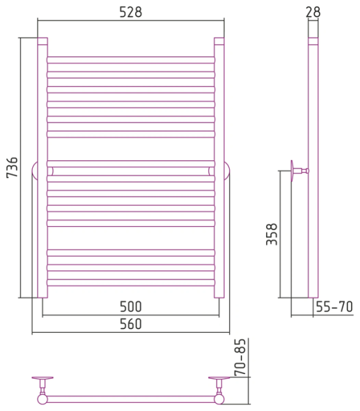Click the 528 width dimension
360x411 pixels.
(x=131, y=12)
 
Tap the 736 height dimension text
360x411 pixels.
(x=12, y=168)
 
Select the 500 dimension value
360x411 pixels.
(x=131, y=306)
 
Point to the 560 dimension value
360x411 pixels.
(x=131, y=324)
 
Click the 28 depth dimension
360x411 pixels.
(x=313, y=12)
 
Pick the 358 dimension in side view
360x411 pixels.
(x=272, y=234)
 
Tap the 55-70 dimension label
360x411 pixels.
(x=335, y=307)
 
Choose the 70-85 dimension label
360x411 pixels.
(x=241, y=358)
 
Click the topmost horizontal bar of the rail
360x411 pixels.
(x=131, y=60)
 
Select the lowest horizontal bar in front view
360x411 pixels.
(x=131, y=282)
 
